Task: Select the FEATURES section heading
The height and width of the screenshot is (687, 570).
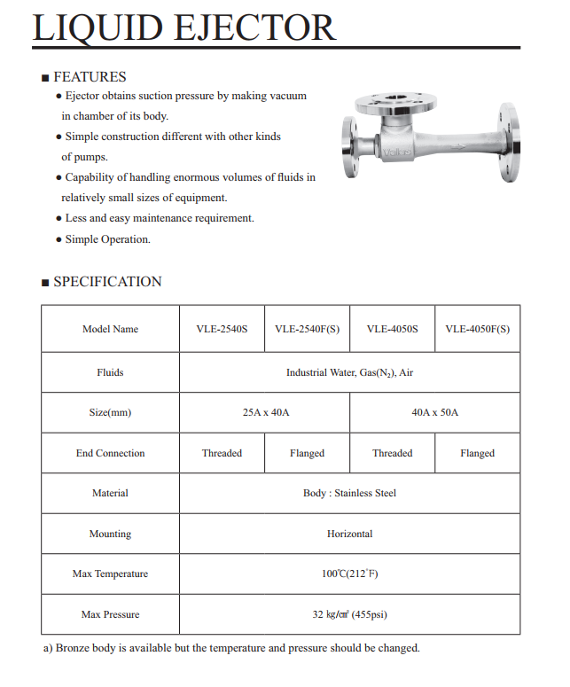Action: [90, 77]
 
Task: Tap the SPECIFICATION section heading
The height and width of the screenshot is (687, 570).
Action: [107, 282]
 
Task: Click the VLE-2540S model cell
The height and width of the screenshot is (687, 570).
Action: [222, 329]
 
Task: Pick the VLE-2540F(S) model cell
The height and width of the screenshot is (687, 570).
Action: [307, 329]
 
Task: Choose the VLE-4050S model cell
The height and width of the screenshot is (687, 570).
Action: [392, 329]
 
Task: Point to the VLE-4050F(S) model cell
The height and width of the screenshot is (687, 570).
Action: [477, 329]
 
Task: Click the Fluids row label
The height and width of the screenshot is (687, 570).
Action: [110, 372]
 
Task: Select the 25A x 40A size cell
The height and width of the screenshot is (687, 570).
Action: [265, 413]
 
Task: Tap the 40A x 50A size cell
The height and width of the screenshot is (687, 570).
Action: [434, 413]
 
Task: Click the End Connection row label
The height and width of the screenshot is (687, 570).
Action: [110, 453]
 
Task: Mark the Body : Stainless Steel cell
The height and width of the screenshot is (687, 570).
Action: [349, 493]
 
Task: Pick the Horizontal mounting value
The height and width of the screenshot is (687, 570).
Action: [349, 534]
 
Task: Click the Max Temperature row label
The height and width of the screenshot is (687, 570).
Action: [110, 574]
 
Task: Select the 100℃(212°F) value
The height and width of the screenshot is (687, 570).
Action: [349, 574]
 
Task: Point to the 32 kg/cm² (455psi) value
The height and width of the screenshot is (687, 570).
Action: [349, 614]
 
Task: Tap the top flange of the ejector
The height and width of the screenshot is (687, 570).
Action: [396, 105]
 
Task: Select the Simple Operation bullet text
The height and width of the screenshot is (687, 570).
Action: [107, 239]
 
